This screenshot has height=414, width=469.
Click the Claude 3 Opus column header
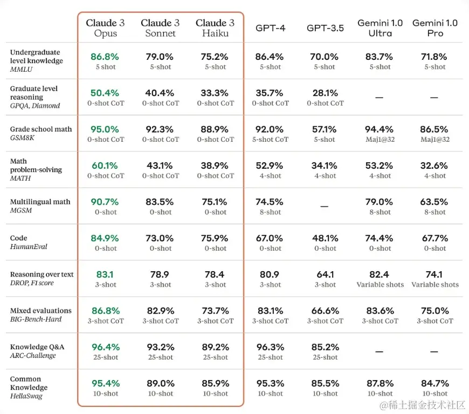(x=105, y=28)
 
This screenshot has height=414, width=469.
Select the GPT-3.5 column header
(x=325, y=28)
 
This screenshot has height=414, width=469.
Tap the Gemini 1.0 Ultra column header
(x=380, y=28)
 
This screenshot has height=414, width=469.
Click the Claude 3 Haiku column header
(x=215, y=28)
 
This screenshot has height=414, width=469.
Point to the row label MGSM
(x=21, y=210)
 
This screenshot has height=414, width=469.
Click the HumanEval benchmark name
(x=29, y=246)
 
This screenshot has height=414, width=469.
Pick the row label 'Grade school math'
(x=41, y=129)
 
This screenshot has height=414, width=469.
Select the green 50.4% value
(x=105, y=93)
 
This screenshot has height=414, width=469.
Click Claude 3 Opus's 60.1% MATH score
(x=105, y=165)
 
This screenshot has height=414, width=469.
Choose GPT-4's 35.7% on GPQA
(x=270, y=93)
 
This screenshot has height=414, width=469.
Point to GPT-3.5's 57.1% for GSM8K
(x=325, y=129)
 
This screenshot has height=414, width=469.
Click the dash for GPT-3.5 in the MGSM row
(x=325, y=206)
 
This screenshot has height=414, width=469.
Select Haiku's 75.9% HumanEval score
(x=215, y=238)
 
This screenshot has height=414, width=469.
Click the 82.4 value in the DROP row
(x=380, y=274)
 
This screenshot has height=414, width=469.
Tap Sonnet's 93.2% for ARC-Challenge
(x=160, y=347)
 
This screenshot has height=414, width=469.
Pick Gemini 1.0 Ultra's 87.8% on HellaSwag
(x=380, y=383)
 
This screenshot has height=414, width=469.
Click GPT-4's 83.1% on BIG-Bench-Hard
(x=270, y=310)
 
